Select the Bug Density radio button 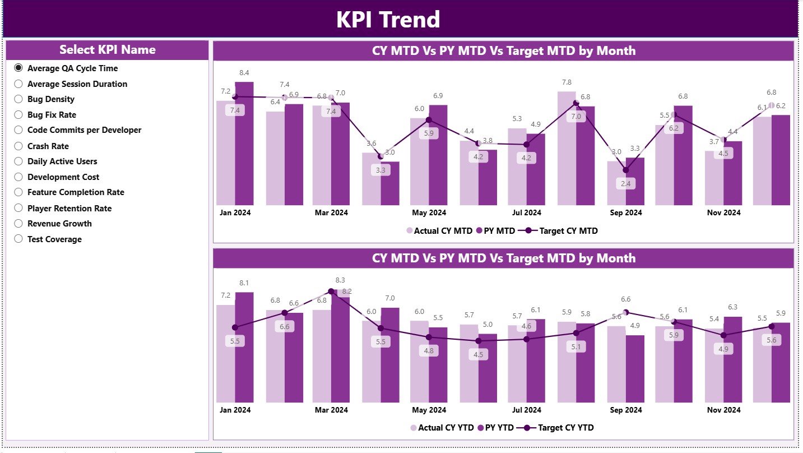tap(18, 99)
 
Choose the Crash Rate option tap(18, 146)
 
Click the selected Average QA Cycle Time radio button tap(18, 68)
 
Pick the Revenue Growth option tap(18, 224)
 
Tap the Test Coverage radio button tap(18, 239)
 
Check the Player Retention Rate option tap(18, 209)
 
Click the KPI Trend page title tap(388, 20)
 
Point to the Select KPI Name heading tap(108, 50)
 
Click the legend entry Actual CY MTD tap(439, 230)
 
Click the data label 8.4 tap(244, 73)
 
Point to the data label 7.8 tap(567, 82)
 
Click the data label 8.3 tap(340, 280)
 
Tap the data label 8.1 tap(244, 283)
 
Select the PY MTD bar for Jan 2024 tap(244, 146)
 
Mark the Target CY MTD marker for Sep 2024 tap(626, 170)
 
